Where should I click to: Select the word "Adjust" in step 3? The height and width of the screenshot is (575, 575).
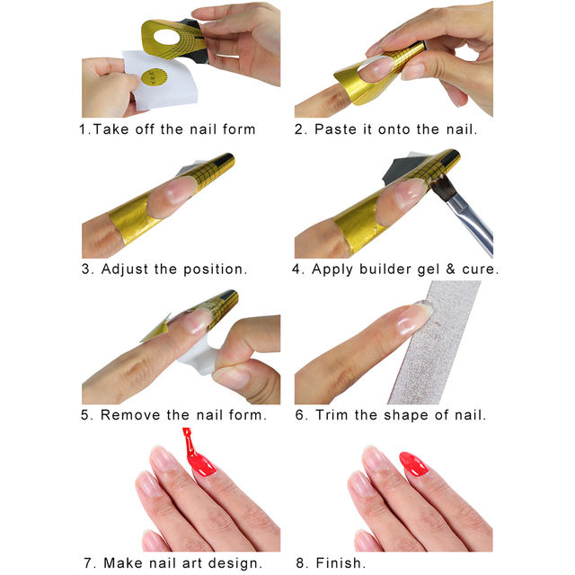pyautogui.click(x=126, y=269)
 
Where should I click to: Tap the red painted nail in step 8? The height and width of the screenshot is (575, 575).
pyautogui.click(x=415, y=464)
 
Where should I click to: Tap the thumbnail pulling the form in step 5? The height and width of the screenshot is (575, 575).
pyautogui.click(x=231, y=378)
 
